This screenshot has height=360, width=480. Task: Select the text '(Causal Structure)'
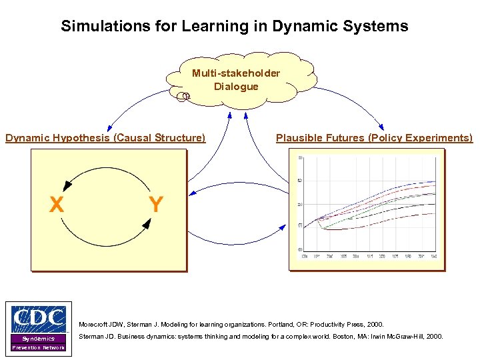[x=159, y=138]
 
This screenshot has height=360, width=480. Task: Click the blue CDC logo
[x=39, y=319]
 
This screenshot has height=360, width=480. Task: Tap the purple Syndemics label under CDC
[x=39, y=339]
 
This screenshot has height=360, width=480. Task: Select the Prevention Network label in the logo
[x=39, y=348]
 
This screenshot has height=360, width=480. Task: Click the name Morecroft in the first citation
[x=94, y=324]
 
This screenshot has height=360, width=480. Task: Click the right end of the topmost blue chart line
[x=435, y=181]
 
